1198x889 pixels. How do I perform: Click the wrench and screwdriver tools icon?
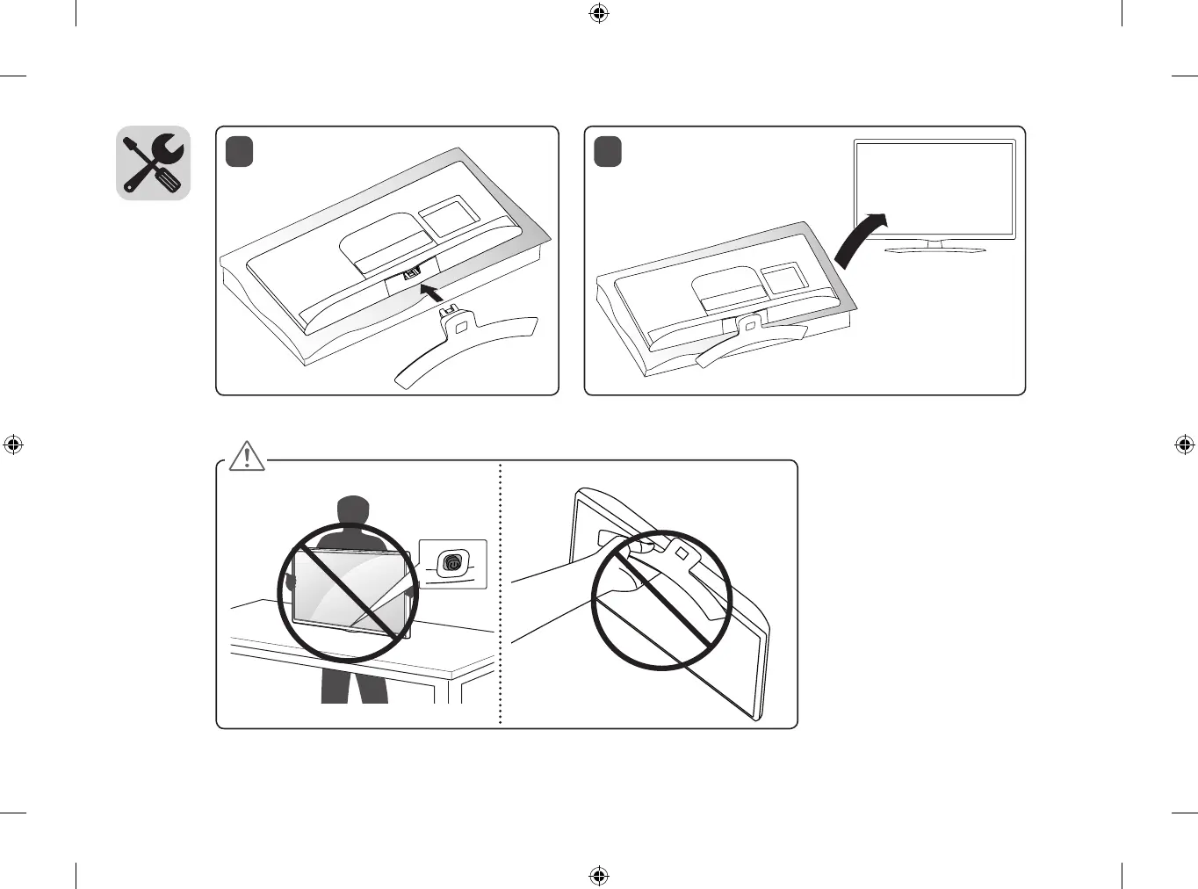pyautogui.click(x=154, y=163)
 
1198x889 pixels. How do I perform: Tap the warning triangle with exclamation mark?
pyautogui.click(x=248, y=456)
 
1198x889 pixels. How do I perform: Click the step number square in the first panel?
pyautogui.click(x=239, y=151)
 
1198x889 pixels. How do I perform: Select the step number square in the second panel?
pyautogui.click(x=607, y=151)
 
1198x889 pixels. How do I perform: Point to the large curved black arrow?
pyautogui.click(x=857, y=239)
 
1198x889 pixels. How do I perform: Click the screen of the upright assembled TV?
pyautogui.click(x=935, y=189)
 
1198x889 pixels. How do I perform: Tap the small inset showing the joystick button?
pyautogui.click(x=452, y=563)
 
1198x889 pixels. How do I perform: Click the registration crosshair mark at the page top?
pyautogui.click(x=599, y=13)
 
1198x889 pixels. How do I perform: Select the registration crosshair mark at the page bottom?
pyautogui.click(x=599, y=875)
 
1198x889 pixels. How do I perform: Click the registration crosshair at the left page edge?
pyautogui.click(x=13, y=444)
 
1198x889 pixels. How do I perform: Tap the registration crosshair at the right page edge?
pyautogui.click(x=1184, y=444)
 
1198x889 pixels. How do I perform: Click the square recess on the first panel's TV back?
pyautogui.click(x=447, y=216)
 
